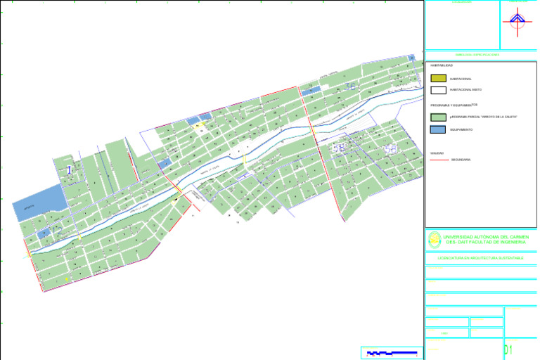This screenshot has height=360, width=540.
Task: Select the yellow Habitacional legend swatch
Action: click(438, 78)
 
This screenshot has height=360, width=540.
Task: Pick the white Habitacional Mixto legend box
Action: click(438, 90)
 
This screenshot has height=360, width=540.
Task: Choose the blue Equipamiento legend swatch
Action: click(438, 130)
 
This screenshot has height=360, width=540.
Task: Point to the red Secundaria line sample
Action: click(439, 160)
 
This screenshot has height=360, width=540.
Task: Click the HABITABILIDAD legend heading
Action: click(442, 65)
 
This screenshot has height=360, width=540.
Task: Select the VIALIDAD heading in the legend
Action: click(437, 153)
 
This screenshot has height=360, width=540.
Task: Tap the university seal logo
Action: click(435, 240)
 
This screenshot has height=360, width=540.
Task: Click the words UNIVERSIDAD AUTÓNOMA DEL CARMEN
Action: click(486, 238)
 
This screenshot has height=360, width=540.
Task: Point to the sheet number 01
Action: click(508, 350)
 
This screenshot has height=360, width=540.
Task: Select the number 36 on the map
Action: click(350, 86)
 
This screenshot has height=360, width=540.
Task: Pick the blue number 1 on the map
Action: click(69, 169)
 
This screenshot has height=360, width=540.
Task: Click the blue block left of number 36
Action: click(310, 90)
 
